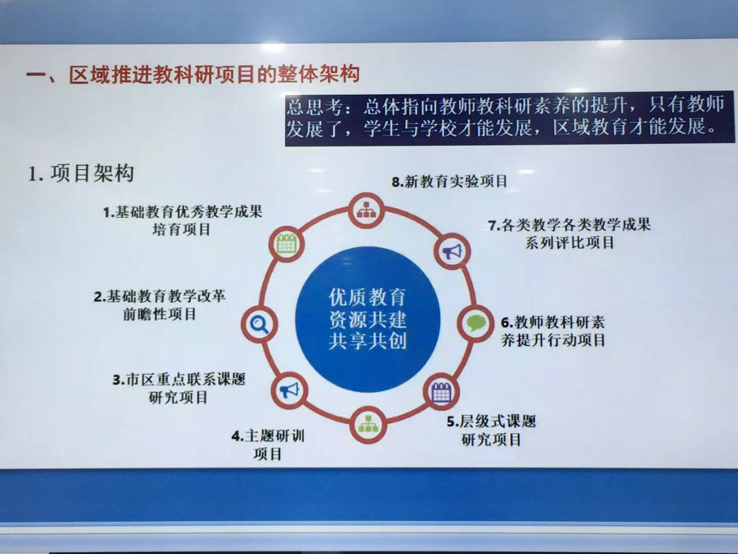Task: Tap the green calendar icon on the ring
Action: (x=286, y=243)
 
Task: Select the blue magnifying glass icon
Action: (x=259, y=324)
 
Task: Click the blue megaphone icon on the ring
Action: (x=289, y=390)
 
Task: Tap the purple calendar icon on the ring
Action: (x=442, y=392)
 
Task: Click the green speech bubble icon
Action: (x=476, y=324)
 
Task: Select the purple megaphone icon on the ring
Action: (x=452, y=251)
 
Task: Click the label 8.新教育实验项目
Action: (x=449, y=182)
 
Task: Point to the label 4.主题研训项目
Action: (x=268, y=445)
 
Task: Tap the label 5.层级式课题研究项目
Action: (x=491, y=430)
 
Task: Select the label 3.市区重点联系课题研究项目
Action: (x=178, y=388)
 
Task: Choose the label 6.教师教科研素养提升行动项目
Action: (x=553, y=331)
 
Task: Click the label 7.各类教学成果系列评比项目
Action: (x=569, y=233)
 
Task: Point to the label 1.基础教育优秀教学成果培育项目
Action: (x=182, y=221)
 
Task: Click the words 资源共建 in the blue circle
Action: (x=367, y=319)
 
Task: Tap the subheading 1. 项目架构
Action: (x=81, y=173)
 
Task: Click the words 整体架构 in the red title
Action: (x=318, y=73)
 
